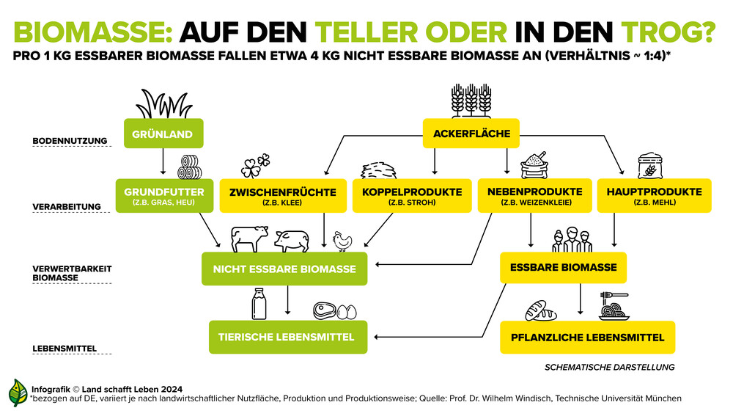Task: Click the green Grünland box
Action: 163,134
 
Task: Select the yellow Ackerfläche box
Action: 471,134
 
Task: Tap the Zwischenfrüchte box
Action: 283,196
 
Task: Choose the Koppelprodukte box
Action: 412,196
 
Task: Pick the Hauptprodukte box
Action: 654,196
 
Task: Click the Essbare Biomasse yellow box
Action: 563,267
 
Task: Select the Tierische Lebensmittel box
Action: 288,337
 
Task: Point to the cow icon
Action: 250,238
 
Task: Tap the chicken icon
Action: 342,241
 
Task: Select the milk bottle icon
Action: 259,305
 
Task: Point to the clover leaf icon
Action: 255,166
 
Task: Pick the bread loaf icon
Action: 541,310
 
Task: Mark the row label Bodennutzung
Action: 70,141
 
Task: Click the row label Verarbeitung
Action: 67,207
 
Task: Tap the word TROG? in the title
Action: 668,32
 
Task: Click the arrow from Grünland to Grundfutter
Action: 163,161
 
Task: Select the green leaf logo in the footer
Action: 18,393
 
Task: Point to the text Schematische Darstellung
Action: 610,368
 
